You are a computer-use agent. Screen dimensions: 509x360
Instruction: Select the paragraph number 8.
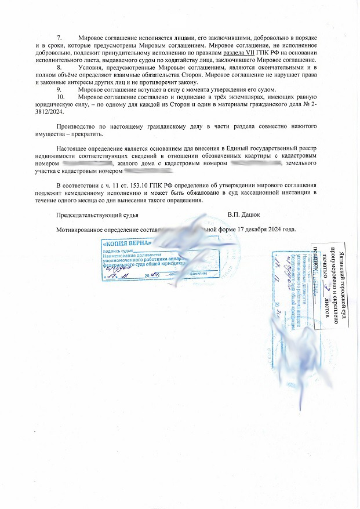59,68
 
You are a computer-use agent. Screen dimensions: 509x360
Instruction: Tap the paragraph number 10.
60,98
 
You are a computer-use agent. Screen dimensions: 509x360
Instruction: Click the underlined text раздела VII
242,53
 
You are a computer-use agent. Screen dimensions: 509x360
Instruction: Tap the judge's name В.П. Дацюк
243,215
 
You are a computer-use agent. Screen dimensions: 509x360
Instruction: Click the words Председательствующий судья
97,215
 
